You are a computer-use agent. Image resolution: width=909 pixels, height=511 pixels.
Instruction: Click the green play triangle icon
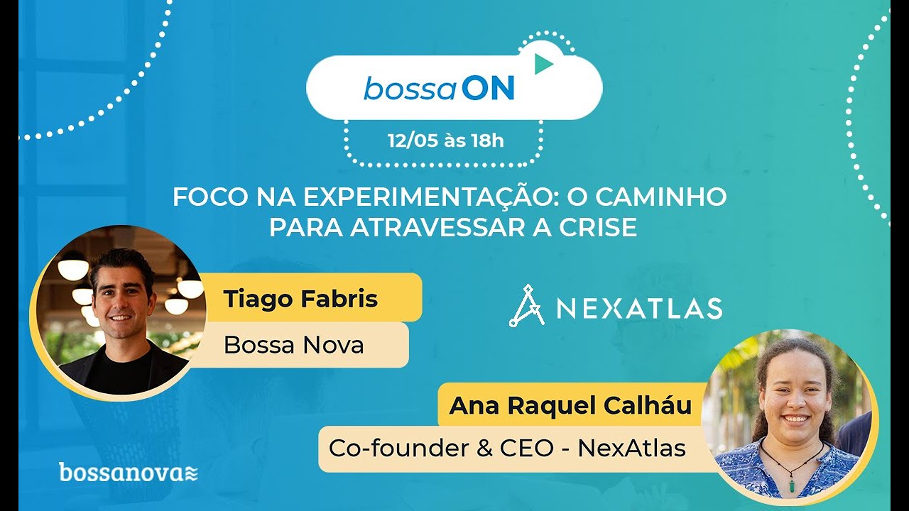click(x=543, y=64)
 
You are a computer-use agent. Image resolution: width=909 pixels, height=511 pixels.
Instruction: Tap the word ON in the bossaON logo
click(x=488, y=89)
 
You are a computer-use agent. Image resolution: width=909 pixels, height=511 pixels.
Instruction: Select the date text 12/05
click(x=413, y=141)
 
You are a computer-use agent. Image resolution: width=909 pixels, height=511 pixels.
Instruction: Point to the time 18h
click(x=486, y=141)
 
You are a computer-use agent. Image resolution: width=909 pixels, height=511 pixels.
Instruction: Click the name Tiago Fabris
click(x=300, y=299)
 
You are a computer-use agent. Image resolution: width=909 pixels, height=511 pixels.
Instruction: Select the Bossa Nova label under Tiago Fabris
click(x=293, y=345)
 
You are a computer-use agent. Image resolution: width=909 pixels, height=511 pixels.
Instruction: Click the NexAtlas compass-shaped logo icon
click(x=526, y=306)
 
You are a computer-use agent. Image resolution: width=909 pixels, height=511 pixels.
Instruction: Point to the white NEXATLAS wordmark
click(x=639, y=308)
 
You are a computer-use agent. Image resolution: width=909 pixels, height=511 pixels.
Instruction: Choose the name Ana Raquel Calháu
click(x=571, y=406)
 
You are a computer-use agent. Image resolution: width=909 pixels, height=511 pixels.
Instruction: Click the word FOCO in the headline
click(x=206, y=197)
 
